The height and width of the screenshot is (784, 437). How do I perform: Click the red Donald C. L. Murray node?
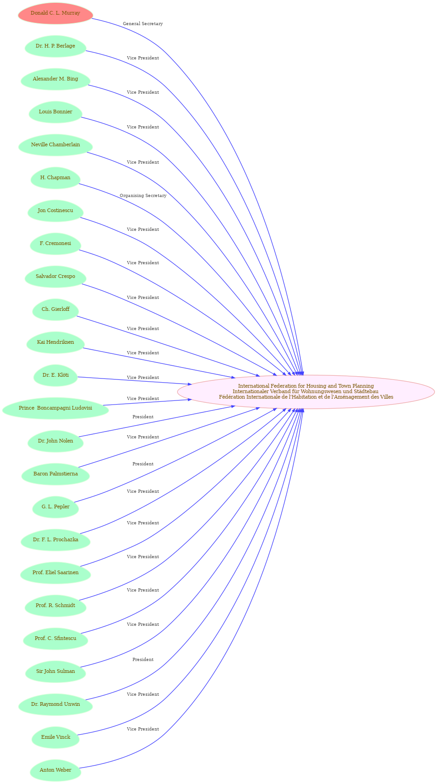[x=55, y=13]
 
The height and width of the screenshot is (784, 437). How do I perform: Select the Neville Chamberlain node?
[x=55, y=145]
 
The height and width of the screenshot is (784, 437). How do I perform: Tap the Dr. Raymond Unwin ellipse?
[x=55, y=704]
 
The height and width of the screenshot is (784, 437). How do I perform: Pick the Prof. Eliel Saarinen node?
[x=55, y=573]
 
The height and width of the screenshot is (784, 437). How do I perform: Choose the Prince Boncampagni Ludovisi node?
[x=55, y=408]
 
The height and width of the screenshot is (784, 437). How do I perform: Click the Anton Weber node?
[x=55, y=770]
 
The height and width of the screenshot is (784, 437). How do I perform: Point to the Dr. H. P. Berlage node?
[x=55, y=46]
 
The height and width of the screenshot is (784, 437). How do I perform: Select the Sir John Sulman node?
[x=55, y=672]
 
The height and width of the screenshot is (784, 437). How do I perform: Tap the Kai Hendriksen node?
[x=55, y=342]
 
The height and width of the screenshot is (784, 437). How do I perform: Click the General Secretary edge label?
[x=143, y=24]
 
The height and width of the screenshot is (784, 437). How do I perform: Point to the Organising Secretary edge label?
[x=143, y=196]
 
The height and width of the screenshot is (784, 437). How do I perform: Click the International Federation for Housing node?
[x=306, y=392]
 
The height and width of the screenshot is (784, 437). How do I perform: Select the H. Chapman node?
[x=55, y=178]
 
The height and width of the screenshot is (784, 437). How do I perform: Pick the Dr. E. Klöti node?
[x=55, y=375]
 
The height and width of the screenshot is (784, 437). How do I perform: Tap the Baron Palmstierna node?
[x=55, y=474]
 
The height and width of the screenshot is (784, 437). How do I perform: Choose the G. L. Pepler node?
[x=55, y=507]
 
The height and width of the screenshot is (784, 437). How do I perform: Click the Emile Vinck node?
[x=55, y=737]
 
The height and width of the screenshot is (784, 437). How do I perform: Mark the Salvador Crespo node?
[x=55, y=277]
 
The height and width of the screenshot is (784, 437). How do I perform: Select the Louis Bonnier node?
[x=55, y=112]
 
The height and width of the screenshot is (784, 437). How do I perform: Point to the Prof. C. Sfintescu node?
[x=55, y=639]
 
